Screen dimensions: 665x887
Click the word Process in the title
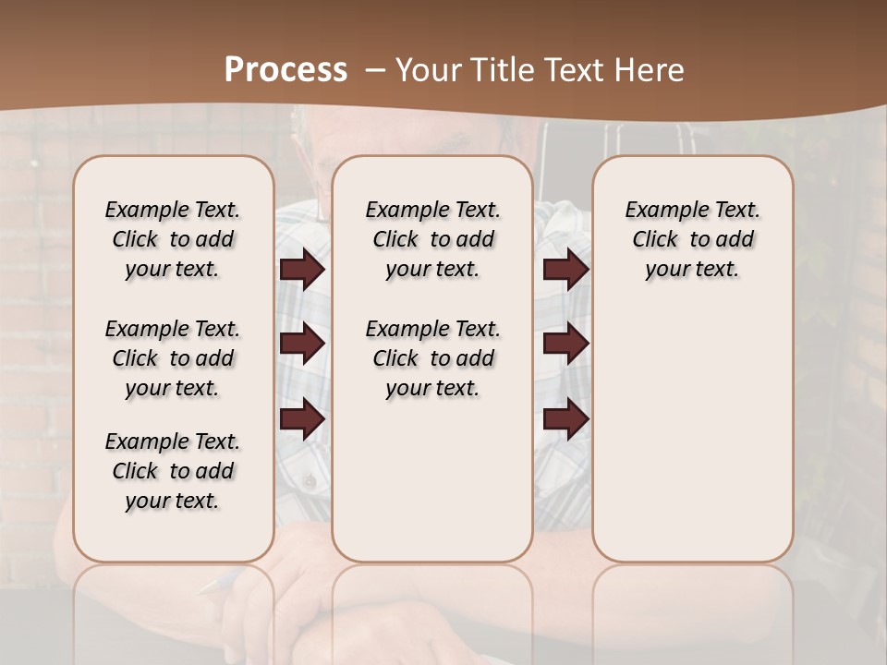pos(286,70)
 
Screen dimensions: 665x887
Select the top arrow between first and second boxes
pos(302,270)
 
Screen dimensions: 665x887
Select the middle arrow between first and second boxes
pos(302,345)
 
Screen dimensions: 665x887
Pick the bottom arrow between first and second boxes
pos(302,419)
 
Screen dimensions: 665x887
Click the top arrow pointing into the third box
pos(565,270)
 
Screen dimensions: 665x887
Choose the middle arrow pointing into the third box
pos(565,345)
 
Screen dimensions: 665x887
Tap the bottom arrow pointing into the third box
pos(565,419)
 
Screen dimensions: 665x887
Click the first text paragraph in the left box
pos(173,239)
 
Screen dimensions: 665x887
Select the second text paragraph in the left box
pos(173,358)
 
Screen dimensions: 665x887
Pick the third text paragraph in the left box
pos(173,471)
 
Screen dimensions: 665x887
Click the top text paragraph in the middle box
pos(432,239)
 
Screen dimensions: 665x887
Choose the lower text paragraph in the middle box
pos(432,358)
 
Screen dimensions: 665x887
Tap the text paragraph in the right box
pos(692,239)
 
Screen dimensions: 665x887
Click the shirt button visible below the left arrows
pos(309,481)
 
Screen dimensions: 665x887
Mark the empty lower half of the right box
pos(692,434)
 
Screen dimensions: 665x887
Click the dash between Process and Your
pos(375,70)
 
